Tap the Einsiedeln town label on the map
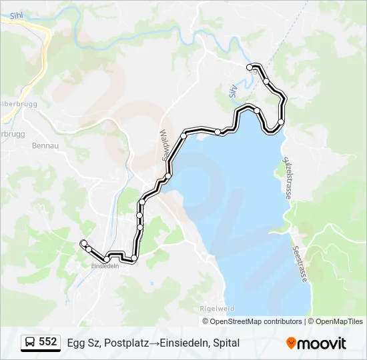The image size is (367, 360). pos(105,266)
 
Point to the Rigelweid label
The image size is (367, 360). pos(214,309)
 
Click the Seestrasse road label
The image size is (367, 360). pos(300,264)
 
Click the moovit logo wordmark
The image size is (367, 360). pos(322,344)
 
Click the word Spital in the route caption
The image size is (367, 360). pos(225,343)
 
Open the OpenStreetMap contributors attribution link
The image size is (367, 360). pos(256,321)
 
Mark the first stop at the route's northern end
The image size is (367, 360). pos(251,67)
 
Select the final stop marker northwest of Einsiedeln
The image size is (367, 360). pos(83,243)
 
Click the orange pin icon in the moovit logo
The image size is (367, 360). pos(292,343)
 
